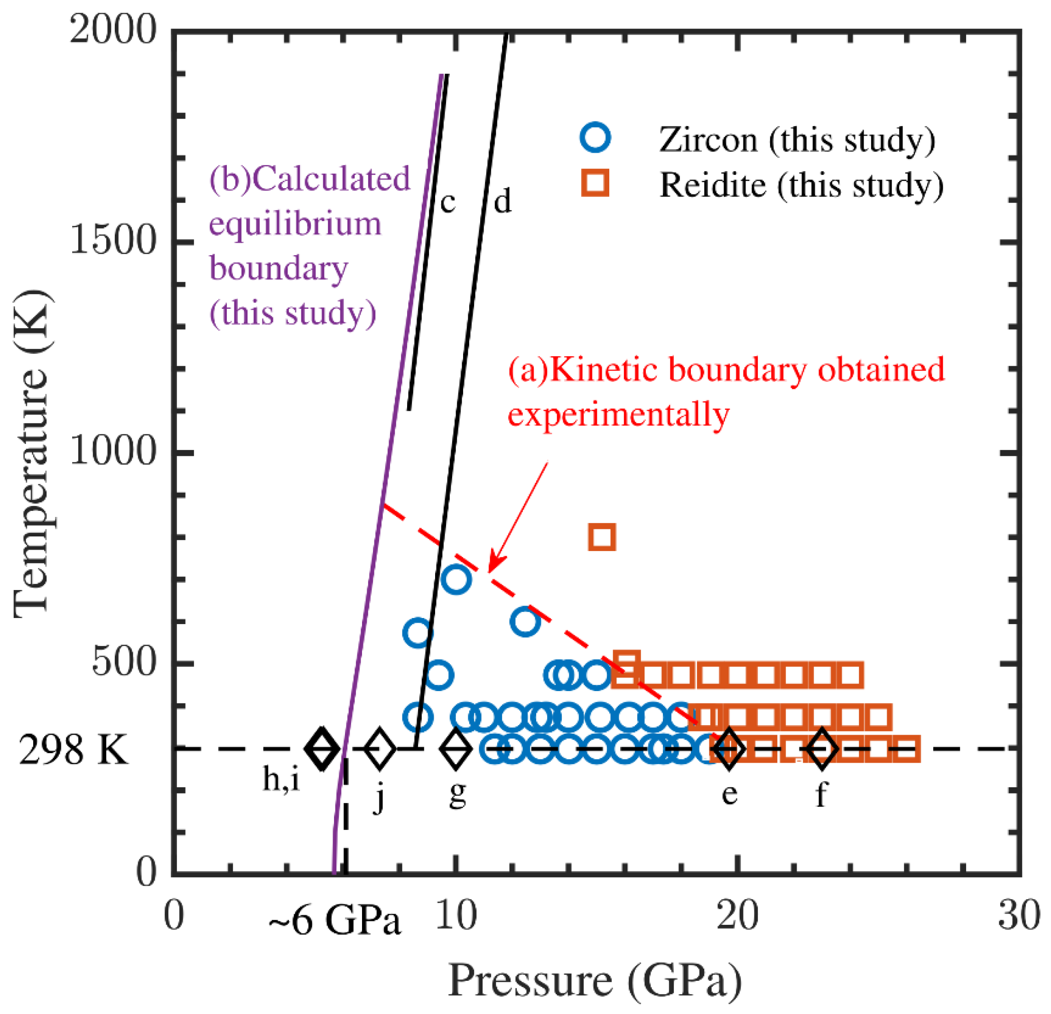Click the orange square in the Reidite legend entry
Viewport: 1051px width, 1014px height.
pyautogui.click(x=595, y=183)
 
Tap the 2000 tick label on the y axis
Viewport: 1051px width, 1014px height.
pyautogui.click(x=112, y=29)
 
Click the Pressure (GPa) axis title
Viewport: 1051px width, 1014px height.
pyautogui.click(x=595, y=981)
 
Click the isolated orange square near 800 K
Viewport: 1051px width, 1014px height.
pyautogui.click(x=602, y=536)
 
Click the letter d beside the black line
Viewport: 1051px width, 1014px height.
pyautogui.click(x=502, y=202)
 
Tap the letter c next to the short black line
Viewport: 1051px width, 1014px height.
pyautogui.click(x=448, y=202)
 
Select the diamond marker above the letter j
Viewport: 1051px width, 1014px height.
pyautogui.click(x=380, y=749)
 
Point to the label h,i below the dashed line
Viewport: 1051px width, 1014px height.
pyautogui.click(x=281, y=779)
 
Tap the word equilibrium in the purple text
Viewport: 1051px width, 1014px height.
pyautogui.click(x=295, y=224)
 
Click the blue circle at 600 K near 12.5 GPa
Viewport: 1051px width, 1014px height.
pyautogui.click(x=525, y=622)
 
